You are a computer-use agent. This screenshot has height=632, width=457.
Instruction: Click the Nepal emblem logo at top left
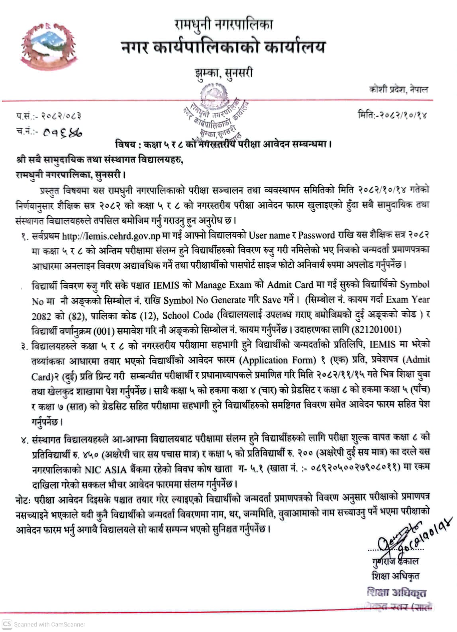(49, 42)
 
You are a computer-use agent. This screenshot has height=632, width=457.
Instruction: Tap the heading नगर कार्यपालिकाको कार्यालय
(224, 47)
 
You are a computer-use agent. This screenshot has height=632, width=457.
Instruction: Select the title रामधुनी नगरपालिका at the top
(224, 25)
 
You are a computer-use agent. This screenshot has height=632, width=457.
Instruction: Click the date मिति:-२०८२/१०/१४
(392, 116)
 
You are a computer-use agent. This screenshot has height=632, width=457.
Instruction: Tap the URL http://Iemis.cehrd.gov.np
(111, 236)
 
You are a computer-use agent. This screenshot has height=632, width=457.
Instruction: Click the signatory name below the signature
(394, 561)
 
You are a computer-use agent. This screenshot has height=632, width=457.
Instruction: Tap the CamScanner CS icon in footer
(7, 624)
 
